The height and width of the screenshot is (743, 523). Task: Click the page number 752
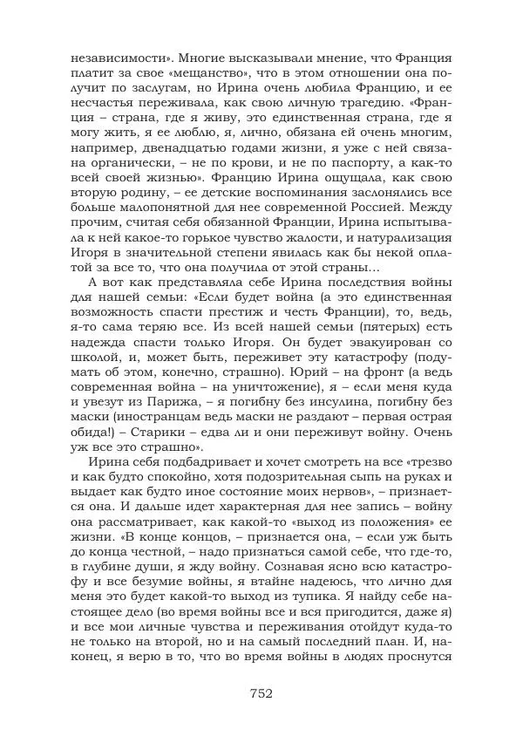[261, 694]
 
